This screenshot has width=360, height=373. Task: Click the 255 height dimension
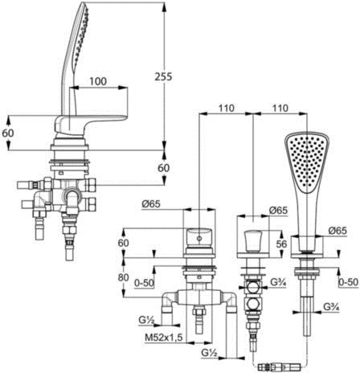(163, 76)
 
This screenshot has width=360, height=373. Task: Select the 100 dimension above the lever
(98, 81)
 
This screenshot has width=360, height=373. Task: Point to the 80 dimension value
(123, 277)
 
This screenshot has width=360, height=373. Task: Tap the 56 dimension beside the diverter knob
(281, 244)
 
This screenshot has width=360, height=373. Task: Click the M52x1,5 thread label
(164, 338)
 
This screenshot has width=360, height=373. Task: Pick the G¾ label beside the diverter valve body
(278, 282)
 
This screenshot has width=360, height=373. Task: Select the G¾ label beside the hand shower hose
(331, 306)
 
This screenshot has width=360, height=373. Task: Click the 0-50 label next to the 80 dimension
(144, 283)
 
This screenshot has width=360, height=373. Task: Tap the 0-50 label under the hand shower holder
(348, 282)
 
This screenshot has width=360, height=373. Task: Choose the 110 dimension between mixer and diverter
(227, 109)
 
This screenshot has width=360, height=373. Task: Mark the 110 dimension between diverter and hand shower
(280, 109)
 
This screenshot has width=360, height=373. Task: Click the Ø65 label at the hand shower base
(337, 231)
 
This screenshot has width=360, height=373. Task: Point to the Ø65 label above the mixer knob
(151, 204)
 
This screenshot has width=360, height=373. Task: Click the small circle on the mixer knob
(199, 238)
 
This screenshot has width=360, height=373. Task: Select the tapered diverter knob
(253, 241)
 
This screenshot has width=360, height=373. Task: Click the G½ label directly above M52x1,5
(146, 321)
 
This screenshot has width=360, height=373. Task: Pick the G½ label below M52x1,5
(209, 353)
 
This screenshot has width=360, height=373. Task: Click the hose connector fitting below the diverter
(279, 367)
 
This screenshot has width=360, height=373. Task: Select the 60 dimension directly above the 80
(123, 243)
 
